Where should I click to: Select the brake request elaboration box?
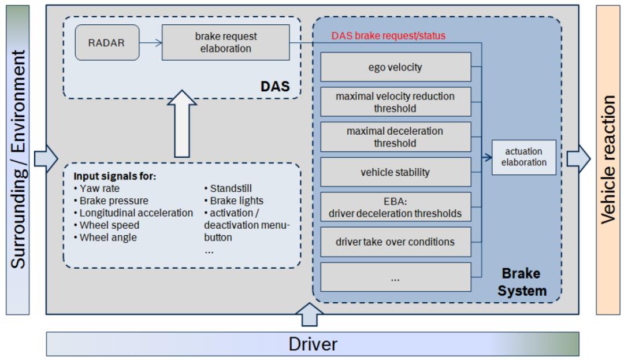point(225,42)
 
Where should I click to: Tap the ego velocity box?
point(396,68)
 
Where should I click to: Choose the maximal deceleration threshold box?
point(396,137)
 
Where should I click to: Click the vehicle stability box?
point(396,172)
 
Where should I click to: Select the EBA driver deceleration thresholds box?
point(396,207)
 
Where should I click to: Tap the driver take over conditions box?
point(396,242)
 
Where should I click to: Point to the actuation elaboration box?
point(524,157)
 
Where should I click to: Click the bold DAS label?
point(274,87)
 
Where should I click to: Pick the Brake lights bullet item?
point(229,201)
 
